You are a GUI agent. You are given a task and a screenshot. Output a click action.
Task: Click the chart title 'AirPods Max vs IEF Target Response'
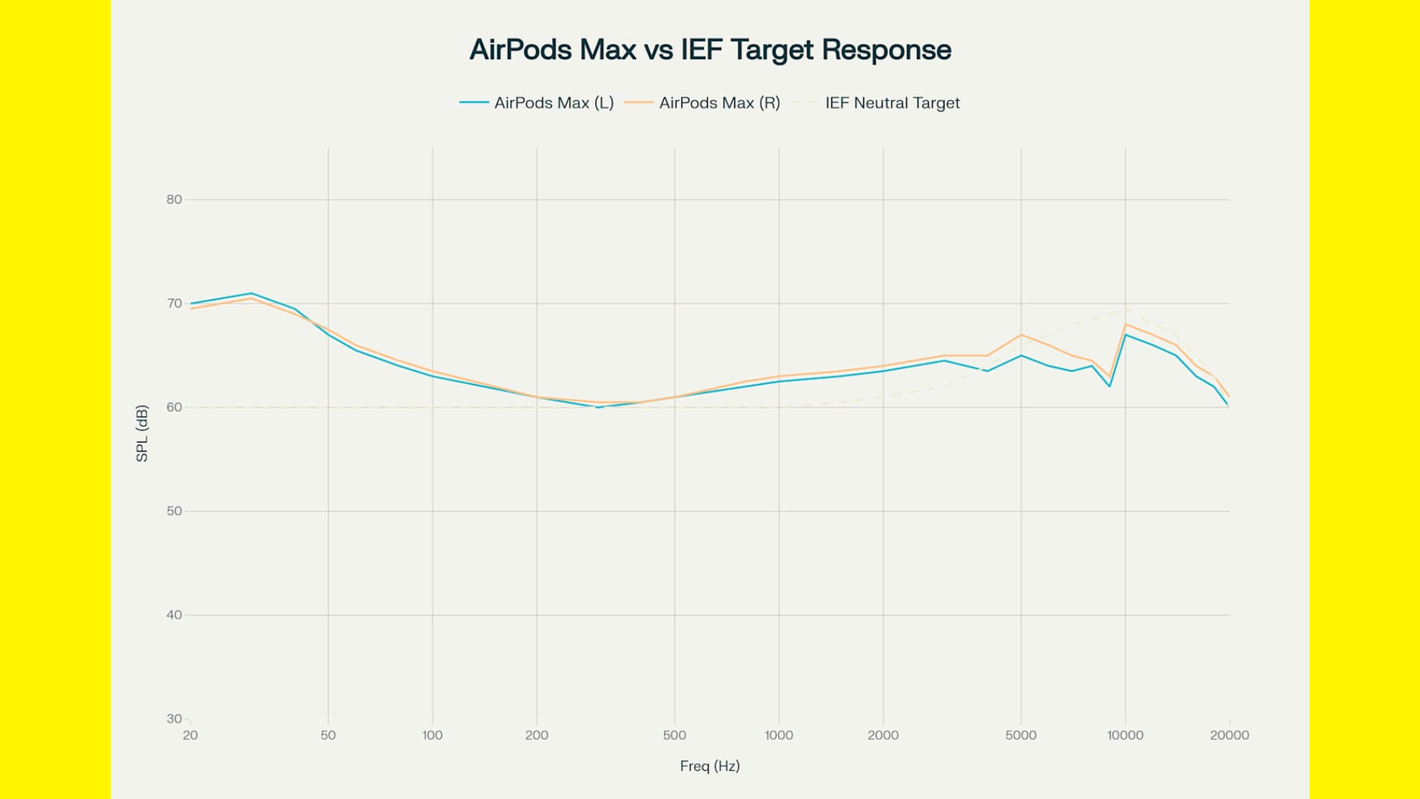point(710,50)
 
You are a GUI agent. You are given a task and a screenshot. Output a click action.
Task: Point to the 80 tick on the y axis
point(174,200)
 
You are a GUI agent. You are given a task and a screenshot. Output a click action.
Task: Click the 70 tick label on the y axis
point(174,303)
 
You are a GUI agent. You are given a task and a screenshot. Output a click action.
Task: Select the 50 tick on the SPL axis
point(174,511)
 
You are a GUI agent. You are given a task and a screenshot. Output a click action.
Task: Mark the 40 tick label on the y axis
point(174,615)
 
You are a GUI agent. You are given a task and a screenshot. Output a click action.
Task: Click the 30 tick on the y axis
point(174,718)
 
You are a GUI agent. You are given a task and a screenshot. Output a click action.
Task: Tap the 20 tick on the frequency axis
point(190,735)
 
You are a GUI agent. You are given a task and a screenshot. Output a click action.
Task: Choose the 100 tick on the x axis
point(433,735)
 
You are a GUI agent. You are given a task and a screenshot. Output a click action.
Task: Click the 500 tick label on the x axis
point(674,735)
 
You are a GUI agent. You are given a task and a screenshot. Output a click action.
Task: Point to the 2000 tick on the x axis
point(883,735)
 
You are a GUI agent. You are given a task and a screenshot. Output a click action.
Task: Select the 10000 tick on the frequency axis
point(1125,735)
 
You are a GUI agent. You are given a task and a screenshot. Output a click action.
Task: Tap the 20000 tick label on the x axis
point(1229,735)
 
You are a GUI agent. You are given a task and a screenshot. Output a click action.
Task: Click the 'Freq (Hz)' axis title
point(710,766)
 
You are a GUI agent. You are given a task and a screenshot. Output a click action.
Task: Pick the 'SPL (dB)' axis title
point(142,433)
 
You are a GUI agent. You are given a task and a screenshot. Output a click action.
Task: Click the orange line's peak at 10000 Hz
point(1126,325)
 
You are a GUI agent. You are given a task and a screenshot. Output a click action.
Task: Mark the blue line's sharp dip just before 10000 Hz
point(1109,386)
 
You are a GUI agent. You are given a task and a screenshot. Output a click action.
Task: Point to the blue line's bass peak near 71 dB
point(251,294)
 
